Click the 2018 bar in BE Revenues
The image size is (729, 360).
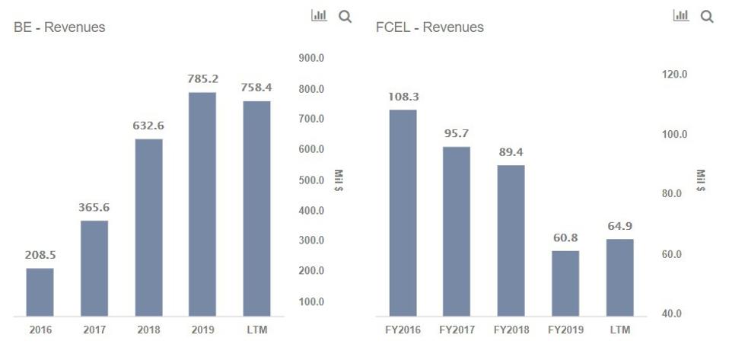(149, 228)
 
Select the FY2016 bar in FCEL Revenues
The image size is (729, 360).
(403, 213)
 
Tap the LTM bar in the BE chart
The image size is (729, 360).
(256, 209)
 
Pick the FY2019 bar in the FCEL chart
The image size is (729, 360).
(565, 284)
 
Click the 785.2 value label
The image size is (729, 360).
(202, 79)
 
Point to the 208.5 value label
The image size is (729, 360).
(40, 255)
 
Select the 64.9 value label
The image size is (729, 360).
(620, 226)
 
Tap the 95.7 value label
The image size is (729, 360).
(456, 133)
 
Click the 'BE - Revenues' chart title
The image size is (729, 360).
(59, 27)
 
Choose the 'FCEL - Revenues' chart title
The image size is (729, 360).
(430, 27)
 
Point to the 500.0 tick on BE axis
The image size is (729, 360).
(310, 180)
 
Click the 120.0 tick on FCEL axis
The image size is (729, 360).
(674, 75)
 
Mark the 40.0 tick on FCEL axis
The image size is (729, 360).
(672, 314)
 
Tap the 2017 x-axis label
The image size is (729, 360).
(94, 330)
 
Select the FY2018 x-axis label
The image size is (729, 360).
(511, 330)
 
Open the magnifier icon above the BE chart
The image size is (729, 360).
(345, 18)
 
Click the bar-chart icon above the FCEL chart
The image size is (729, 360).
(681, 15)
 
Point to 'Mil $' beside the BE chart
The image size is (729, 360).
(338, 180)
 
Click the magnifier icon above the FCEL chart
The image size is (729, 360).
(707, 18)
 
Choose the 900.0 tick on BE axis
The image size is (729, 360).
(310, 58)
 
